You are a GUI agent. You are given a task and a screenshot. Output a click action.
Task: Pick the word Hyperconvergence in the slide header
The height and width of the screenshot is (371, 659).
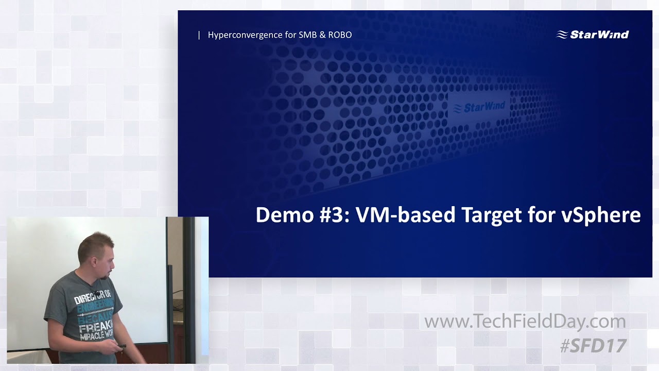[245, 35]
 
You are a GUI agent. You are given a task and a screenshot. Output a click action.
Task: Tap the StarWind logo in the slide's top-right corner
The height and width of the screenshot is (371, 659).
[593, 35]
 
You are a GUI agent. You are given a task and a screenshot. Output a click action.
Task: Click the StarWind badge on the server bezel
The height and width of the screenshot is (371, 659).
[479, 107]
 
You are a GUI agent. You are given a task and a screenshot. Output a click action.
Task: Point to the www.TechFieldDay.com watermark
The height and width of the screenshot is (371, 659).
[525, 322]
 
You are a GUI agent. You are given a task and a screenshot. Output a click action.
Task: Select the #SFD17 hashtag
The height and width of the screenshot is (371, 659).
[593, 346]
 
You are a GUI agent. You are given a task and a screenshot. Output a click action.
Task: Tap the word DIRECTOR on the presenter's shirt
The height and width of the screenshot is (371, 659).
[89, 299]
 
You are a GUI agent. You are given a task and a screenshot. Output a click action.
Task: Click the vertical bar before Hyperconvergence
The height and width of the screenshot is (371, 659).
[199, 35]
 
